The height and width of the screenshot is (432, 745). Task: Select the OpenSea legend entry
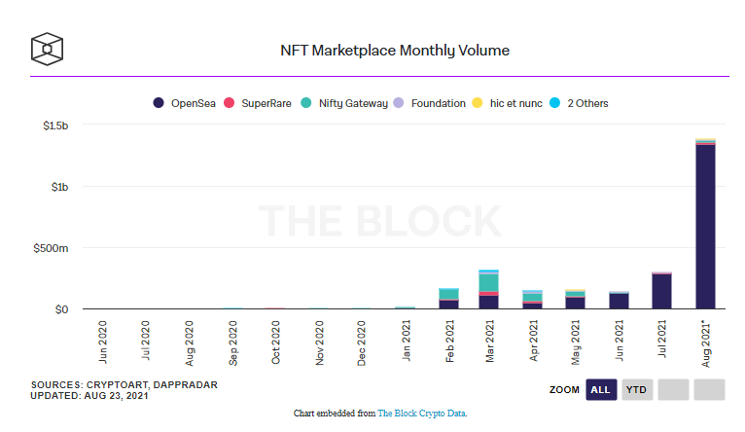185,103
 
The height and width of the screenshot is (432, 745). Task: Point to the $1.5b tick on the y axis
54,126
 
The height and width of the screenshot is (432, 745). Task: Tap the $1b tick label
59,187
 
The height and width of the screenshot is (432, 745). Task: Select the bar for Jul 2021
661,291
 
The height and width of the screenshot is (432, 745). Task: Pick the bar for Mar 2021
488,290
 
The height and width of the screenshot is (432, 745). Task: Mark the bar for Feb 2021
448,299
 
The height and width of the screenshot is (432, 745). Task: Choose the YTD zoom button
637,390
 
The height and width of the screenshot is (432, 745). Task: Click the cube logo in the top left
47,48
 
